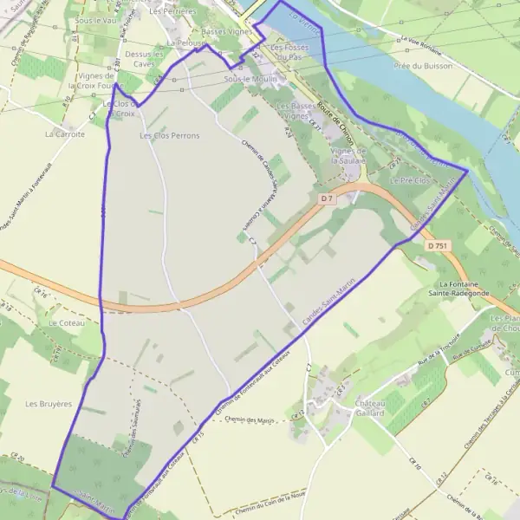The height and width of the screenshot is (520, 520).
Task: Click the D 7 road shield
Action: tap(327, 198)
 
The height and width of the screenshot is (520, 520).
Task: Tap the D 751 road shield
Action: tap(438, 246)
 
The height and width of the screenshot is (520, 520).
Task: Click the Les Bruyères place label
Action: tap(48, 404)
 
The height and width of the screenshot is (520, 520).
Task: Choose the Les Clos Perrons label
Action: tap(170, 136)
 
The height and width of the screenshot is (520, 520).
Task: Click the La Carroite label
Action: tap(65, 134)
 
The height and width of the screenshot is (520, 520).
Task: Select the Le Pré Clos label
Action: tap(409, 180)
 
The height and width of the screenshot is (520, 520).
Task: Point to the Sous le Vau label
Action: tap(96, 19)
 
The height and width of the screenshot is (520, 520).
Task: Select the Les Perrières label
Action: tap(172, 12)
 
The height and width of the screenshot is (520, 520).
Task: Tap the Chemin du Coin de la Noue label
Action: tap(270, 507)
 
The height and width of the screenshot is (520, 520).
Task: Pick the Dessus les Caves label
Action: tap(144, 58)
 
